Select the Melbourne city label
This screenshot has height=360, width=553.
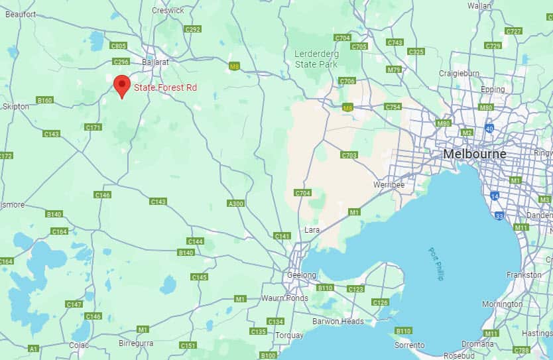pos(474,154)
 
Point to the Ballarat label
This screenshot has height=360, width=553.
pos(156,62)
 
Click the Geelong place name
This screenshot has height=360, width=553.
pos(302,274)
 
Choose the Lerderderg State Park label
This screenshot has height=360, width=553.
pos(316,59)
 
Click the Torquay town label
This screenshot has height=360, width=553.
pos(289,335)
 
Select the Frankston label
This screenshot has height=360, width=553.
pos(524,274)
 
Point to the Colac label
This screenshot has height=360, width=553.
pos(79,345)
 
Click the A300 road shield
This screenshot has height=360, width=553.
pos(235,203)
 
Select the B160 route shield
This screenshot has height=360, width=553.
pos(45,100)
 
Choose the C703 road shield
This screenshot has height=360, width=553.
pos(349,155)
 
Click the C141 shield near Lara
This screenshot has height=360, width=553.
pos(282,236)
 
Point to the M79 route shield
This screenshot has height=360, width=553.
pos(394,70)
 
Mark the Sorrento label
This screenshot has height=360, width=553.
pos(408,345)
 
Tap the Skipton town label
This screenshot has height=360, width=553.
pos(16,106)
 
